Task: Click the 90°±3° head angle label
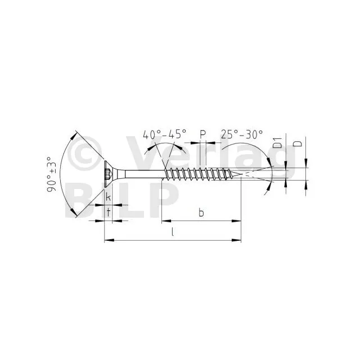(x=51, y=174)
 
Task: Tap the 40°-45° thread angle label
(x=164, y=134)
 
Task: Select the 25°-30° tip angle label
(x=242, y=134)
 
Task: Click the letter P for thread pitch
(x=202, y=134)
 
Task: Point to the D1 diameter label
(x=277, y=143)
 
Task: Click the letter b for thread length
(x=201, y=213)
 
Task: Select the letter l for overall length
(x=173, y=232)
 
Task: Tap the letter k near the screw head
(x=108, y=197)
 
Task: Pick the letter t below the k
(x=108, y=213)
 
